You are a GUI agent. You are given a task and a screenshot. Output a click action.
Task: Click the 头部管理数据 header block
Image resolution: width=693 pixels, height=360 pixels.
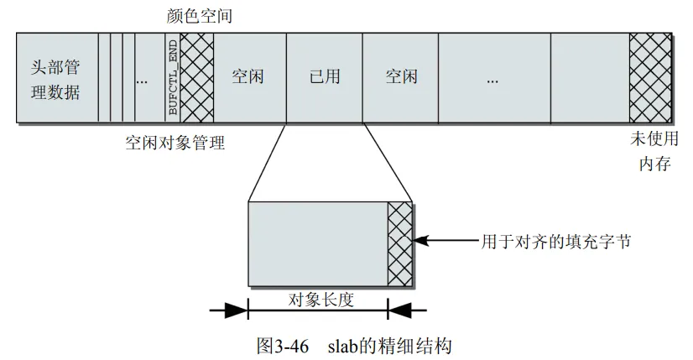(x=56, y=78)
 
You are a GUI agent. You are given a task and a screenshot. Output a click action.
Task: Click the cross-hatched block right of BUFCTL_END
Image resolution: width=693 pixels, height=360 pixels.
(x=198, y=78)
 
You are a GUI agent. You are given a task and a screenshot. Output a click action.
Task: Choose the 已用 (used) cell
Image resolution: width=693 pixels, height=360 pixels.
(x=324, y=78)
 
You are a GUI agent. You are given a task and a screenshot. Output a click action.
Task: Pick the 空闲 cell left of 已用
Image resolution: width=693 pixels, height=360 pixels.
(x=248, y=78)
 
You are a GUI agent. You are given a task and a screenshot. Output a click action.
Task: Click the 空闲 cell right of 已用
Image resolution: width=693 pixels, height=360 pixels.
(x=401, y=78)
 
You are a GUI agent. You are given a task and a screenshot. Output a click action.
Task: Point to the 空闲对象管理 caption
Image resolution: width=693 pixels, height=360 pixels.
(x=175, y=143)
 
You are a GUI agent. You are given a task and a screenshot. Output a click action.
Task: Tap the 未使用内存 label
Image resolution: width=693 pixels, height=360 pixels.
(x=654, y=152)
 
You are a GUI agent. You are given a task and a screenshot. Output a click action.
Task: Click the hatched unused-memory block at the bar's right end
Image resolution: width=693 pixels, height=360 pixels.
(x=650, y=78)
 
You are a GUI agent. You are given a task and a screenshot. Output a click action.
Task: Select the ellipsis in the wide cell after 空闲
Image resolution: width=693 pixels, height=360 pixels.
(x=492, y=80)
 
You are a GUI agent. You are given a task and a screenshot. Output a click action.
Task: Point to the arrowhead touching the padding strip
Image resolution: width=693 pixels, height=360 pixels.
(x=422, y=241)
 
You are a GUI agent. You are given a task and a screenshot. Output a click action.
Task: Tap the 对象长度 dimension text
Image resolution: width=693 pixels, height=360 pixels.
(x=319, y=299)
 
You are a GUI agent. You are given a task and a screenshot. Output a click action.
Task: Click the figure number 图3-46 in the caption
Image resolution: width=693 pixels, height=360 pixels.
(x=281, y=345)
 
